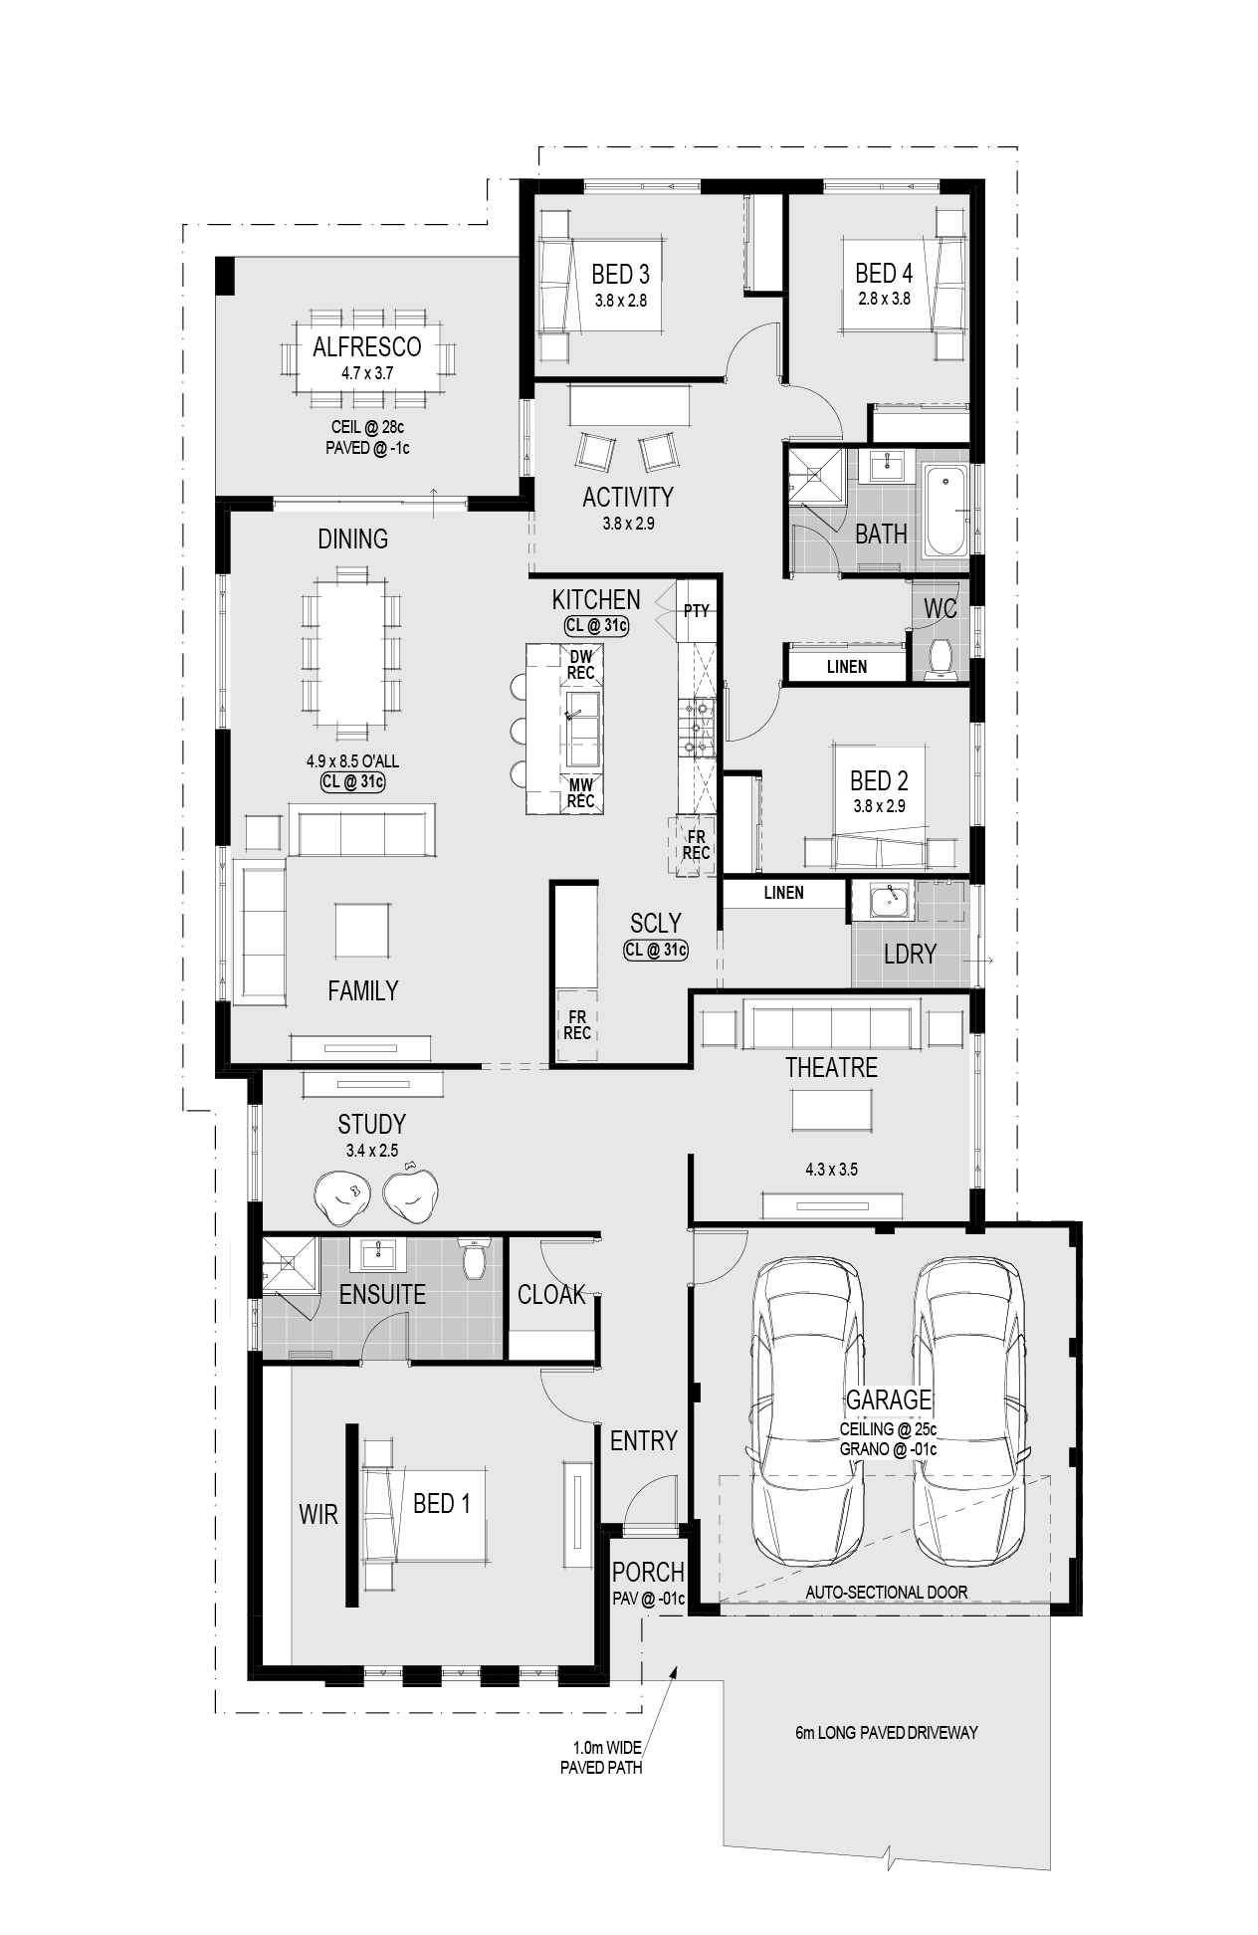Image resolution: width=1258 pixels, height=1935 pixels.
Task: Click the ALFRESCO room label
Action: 366,346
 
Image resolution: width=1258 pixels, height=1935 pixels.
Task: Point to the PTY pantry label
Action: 696,610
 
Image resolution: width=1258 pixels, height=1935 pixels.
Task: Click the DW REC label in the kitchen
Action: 581,665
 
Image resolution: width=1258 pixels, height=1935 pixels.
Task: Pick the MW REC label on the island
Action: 581,793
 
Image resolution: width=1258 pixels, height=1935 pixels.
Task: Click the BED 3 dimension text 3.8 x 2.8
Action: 620,300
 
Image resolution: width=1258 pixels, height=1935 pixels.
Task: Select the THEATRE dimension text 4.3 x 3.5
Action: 831,1170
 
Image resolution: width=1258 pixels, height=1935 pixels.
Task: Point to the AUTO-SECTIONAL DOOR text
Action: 886,1592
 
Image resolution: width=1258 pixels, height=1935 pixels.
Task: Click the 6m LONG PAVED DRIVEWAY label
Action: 886,1732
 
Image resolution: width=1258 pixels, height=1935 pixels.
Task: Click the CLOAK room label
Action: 551,1294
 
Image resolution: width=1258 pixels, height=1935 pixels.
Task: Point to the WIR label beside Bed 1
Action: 318,1514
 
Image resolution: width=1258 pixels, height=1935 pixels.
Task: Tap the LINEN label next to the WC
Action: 846,667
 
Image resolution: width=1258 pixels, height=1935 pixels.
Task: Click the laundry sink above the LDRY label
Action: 889,901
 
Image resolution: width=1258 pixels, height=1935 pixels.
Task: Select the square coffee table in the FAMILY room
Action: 361,930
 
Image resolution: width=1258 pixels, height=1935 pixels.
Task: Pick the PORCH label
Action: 648,1572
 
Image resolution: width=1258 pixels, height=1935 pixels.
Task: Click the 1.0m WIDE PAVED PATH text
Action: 601,1759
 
